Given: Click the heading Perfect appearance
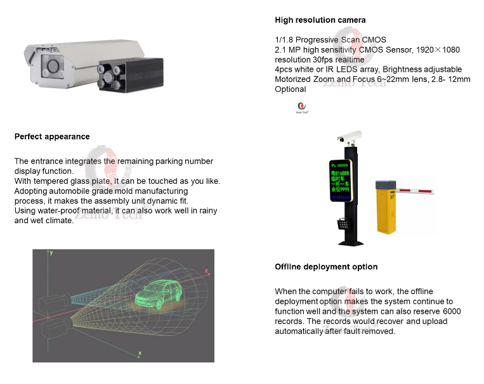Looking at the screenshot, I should (52, 136).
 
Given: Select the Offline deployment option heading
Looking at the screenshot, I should (326, 267).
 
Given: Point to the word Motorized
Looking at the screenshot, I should (294, 79).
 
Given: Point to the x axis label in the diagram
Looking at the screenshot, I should (140, 352).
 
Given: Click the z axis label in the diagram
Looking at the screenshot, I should (206, 271).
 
